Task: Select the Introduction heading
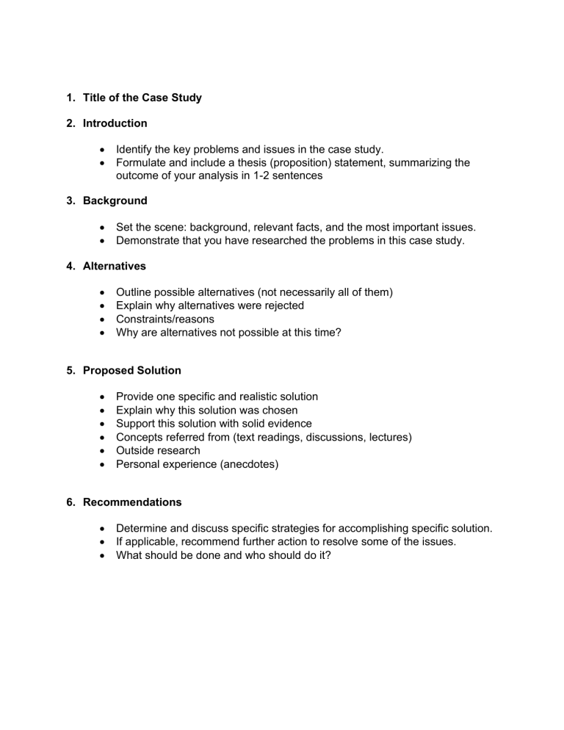[x=115, y=123]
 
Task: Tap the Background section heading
[x=115, y=200]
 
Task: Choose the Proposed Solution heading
[x=131, y=370]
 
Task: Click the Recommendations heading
[x=132, y=502]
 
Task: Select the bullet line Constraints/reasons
[x=164, y=319]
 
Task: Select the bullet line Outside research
[x=158, y=449]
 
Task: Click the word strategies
[x=286, y=529]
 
